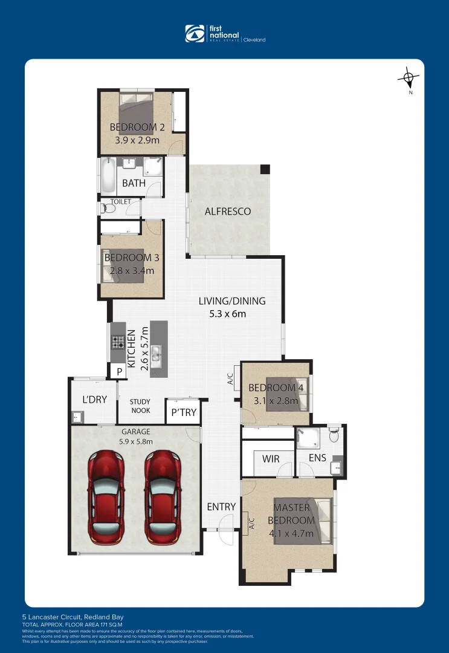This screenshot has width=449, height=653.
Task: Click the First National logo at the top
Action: tap(224, 34)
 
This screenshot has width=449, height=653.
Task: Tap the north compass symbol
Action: tap(410, 78)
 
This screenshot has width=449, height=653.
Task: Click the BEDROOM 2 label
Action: tap(137, 127)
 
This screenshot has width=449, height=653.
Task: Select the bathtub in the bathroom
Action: tap(109, 175)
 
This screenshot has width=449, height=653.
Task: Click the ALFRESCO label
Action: tap(227, 212)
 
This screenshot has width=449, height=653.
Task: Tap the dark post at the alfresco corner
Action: tap(265, 170)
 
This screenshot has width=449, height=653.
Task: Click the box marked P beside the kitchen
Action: tap(119, 372)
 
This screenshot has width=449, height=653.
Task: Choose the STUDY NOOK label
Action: tap(140, 406)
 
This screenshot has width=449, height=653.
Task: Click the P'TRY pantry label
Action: tap(183, 412)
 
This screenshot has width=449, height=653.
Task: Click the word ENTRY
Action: tap(221, 507)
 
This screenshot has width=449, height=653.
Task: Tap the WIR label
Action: tap(271, 459)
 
